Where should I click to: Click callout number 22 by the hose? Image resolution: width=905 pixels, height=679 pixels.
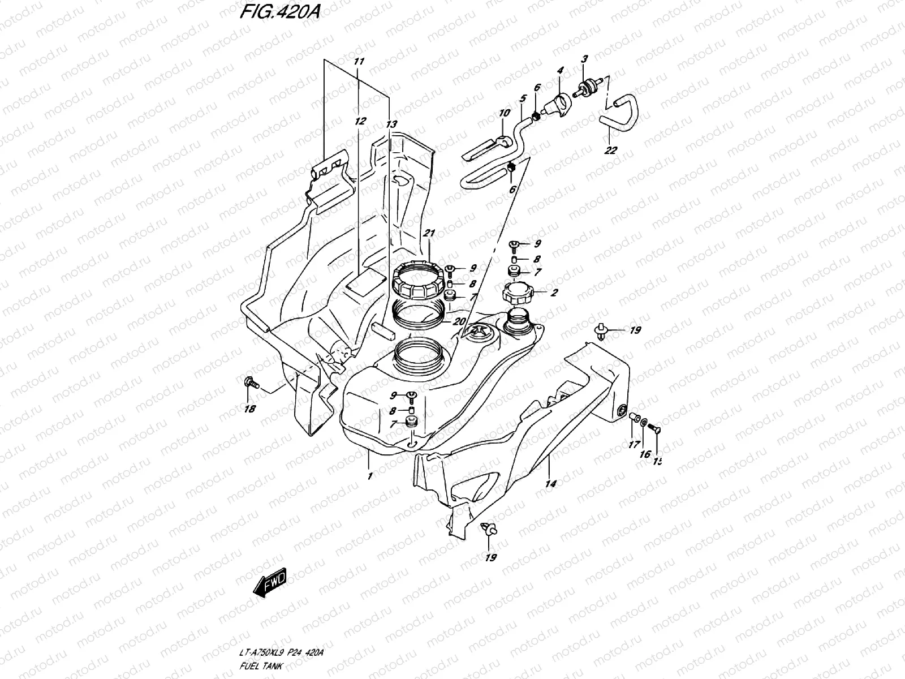[611, 150]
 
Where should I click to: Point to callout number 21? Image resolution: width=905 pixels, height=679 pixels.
[429, 233]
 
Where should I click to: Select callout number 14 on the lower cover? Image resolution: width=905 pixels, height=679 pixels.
[551, 483]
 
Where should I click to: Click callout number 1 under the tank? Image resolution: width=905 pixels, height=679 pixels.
[370, 476]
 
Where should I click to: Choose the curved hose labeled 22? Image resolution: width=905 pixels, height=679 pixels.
[622, 113]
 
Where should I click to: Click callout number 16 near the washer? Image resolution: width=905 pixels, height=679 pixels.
[644, 454]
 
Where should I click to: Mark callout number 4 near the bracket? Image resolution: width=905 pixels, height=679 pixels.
[560, 71]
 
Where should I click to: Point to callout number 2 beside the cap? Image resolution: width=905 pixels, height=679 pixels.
[554, 293]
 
